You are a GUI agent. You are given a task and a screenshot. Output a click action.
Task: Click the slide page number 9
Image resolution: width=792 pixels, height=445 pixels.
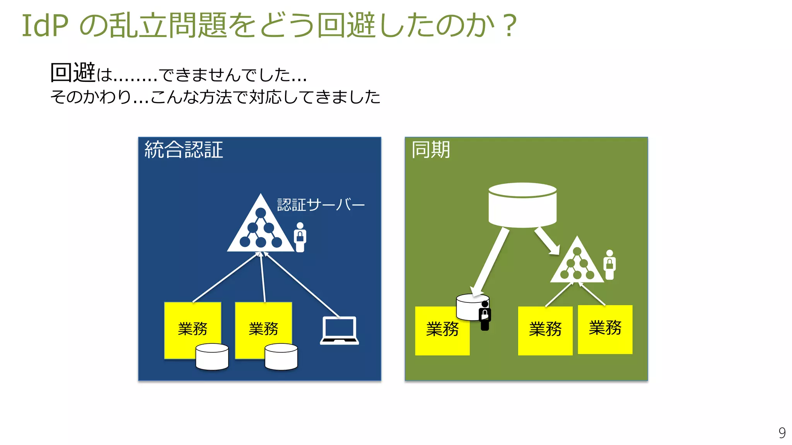point(782,433)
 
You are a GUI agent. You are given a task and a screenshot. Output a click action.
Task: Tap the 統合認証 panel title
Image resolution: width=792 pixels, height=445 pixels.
point(184,150)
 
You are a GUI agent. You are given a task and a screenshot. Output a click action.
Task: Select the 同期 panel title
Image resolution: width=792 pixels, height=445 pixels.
point(430,150)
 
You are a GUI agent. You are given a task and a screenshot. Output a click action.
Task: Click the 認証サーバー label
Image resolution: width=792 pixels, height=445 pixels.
point(321,205)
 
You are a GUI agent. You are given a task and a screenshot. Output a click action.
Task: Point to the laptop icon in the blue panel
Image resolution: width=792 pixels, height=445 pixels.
point(339,331)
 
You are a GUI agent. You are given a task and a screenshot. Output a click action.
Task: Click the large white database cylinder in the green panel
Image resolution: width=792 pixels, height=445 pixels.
point(522,205)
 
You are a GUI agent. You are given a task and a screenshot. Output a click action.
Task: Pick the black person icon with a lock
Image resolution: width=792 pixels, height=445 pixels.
point(485,316)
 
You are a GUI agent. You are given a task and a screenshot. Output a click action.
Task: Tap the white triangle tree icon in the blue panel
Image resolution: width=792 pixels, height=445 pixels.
point(260,228)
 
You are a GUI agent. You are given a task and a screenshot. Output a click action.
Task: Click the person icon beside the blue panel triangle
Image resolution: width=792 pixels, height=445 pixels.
point(300,237)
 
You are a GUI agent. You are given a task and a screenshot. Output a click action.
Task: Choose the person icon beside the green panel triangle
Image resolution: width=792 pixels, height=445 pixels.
point(609,265)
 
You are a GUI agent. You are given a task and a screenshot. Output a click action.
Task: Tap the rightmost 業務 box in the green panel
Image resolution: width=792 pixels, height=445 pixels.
point(605,329)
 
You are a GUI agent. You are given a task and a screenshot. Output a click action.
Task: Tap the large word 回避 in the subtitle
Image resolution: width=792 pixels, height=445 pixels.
point(73,72)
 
